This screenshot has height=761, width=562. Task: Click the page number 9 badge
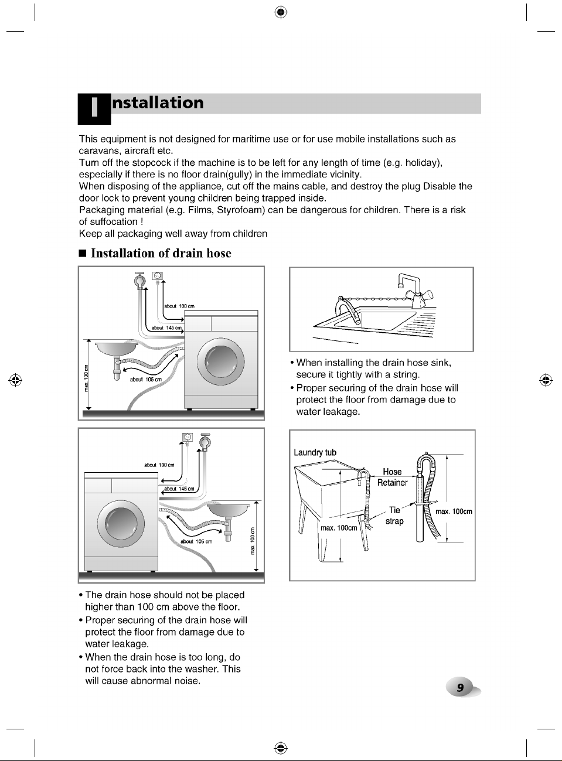[461, 687]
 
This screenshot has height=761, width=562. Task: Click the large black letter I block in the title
[94, 109]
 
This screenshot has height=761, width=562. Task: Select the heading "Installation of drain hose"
[161, 253]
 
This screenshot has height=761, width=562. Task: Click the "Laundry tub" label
[315, 452]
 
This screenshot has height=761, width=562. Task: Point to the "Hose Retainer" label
[392, 477]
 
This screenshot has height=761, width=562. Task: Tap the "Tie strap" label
[394, 516]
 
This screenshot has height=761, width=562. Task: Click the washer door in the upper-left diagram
[221, 361]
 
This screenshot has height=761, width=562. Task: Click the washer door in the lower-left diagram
[121, 524]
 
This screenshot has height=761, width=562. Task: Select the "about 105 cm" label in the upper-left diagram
[145, 380]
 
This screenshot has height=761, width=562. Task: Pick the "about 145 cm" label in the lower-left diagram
[179, 489]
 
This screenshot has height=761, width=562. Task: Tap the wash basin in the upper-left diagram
[117, 348]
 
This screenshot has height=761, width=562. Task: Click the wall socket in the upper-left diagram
[158, 275]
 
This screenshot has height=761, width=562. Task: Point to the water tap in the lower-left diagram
[205, 442]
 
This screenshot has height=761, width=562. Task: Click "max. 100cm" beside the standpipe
[454, 511]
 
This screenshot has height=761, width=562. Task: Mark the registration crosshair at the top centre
[281, 12]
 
